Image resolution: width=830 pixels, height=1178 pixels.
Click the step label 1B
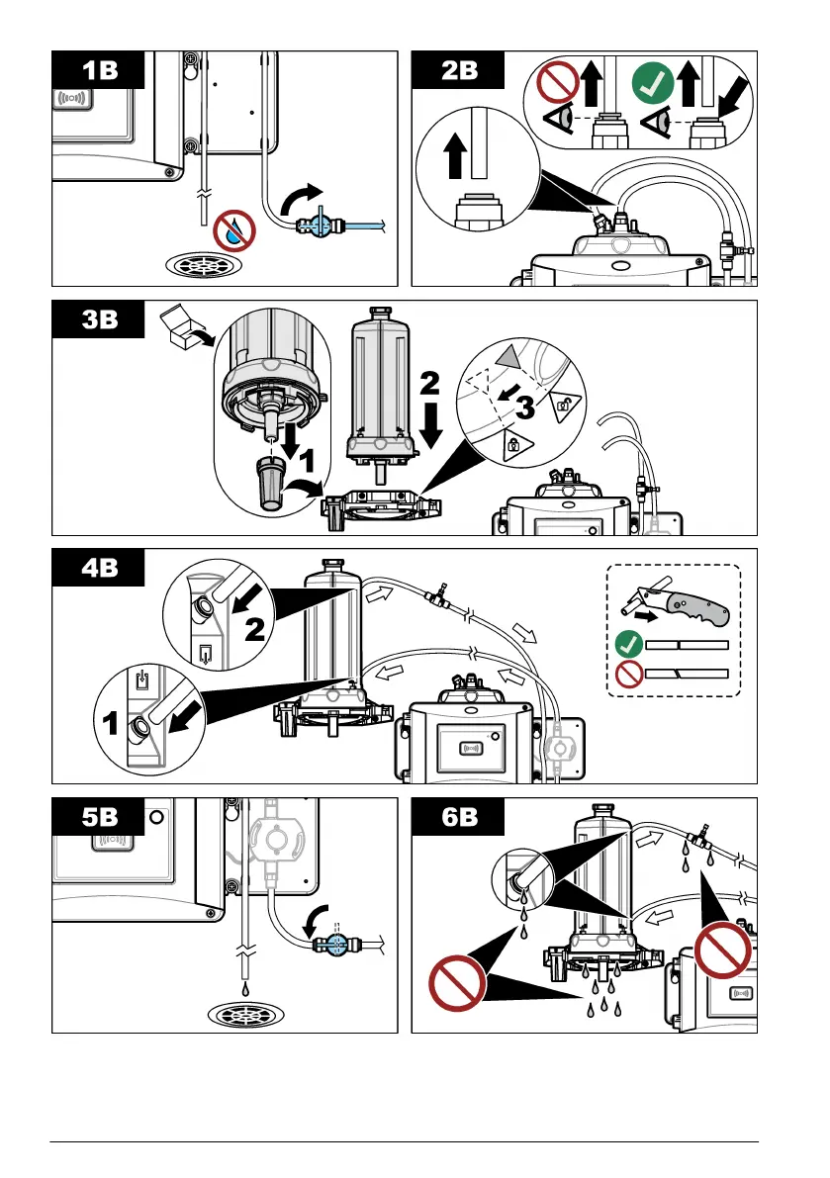pos(99,71)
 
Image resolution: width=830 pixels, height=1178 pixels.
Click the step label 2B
pos(458,71)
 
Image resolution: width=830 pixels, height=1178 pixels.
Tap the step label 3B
pos(99,319)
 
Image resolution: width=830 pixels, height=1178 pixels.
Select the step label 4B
pos(99,568)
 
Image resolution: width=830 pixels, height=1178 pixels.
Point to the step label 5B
pos(99,817)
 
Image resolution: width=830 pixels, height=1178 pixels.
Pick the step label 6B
pos(458,817)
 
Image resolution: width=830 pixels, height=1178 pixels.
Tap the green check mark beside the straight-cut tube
pos(625,644)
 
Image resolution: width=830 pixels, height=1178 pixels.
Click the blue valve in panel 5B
pos(333,944)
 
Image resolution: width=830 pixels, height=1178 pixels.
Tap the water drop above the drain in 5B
pos(242,986)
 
